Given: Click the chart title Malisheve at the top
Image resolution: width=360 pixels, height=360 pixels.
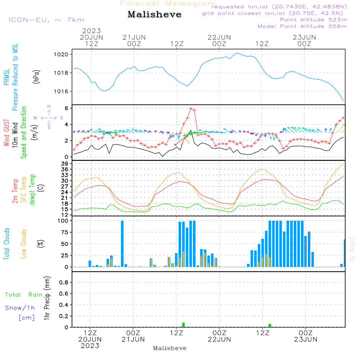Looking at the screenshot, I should pos(155,15).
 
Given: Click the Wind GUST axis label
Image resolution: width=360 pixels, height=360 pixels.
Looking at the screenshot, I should pos(6,134).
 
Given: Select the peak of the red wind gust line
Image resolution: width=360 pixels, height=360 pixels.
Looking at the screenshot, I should pos(191,108).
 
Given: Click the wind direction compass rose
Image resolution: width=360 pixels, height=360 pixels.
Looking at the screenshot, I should pos(49,117).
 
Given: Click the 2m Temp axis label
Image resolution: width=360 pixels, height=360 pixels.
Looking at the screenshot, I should pos(15,191).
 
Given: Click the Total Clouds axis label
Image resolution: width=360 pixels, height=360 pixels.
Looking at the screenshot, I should pos(6,243).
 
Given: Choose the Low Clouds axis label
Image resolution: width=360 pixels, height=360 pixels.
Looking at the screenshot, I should pos(24,243).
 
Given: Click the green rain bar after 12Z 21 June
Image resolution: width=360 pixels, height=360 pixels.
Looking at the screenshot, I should pos(184,325).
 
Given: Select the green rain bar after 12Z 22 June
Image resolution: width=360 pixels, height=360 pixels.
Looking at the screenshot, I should pos(270,325).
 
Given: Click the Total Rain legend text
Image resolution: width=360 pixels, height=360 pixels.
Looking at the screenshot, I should pos(24,295).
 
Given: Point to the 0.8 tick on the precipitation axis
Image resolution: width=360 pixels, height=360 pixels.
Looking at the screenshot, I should pos(64,283).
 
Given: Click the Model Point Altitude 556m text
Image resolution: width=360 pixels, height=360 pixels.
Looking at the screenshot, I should pos(302,26).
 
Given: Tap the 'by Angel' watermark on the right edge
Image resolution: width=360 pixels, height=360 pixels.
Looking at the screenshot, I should pos(352,249).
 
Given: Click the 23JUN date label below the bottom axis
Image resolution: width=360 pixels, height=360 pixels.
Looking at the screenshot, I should pos(305,339).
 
